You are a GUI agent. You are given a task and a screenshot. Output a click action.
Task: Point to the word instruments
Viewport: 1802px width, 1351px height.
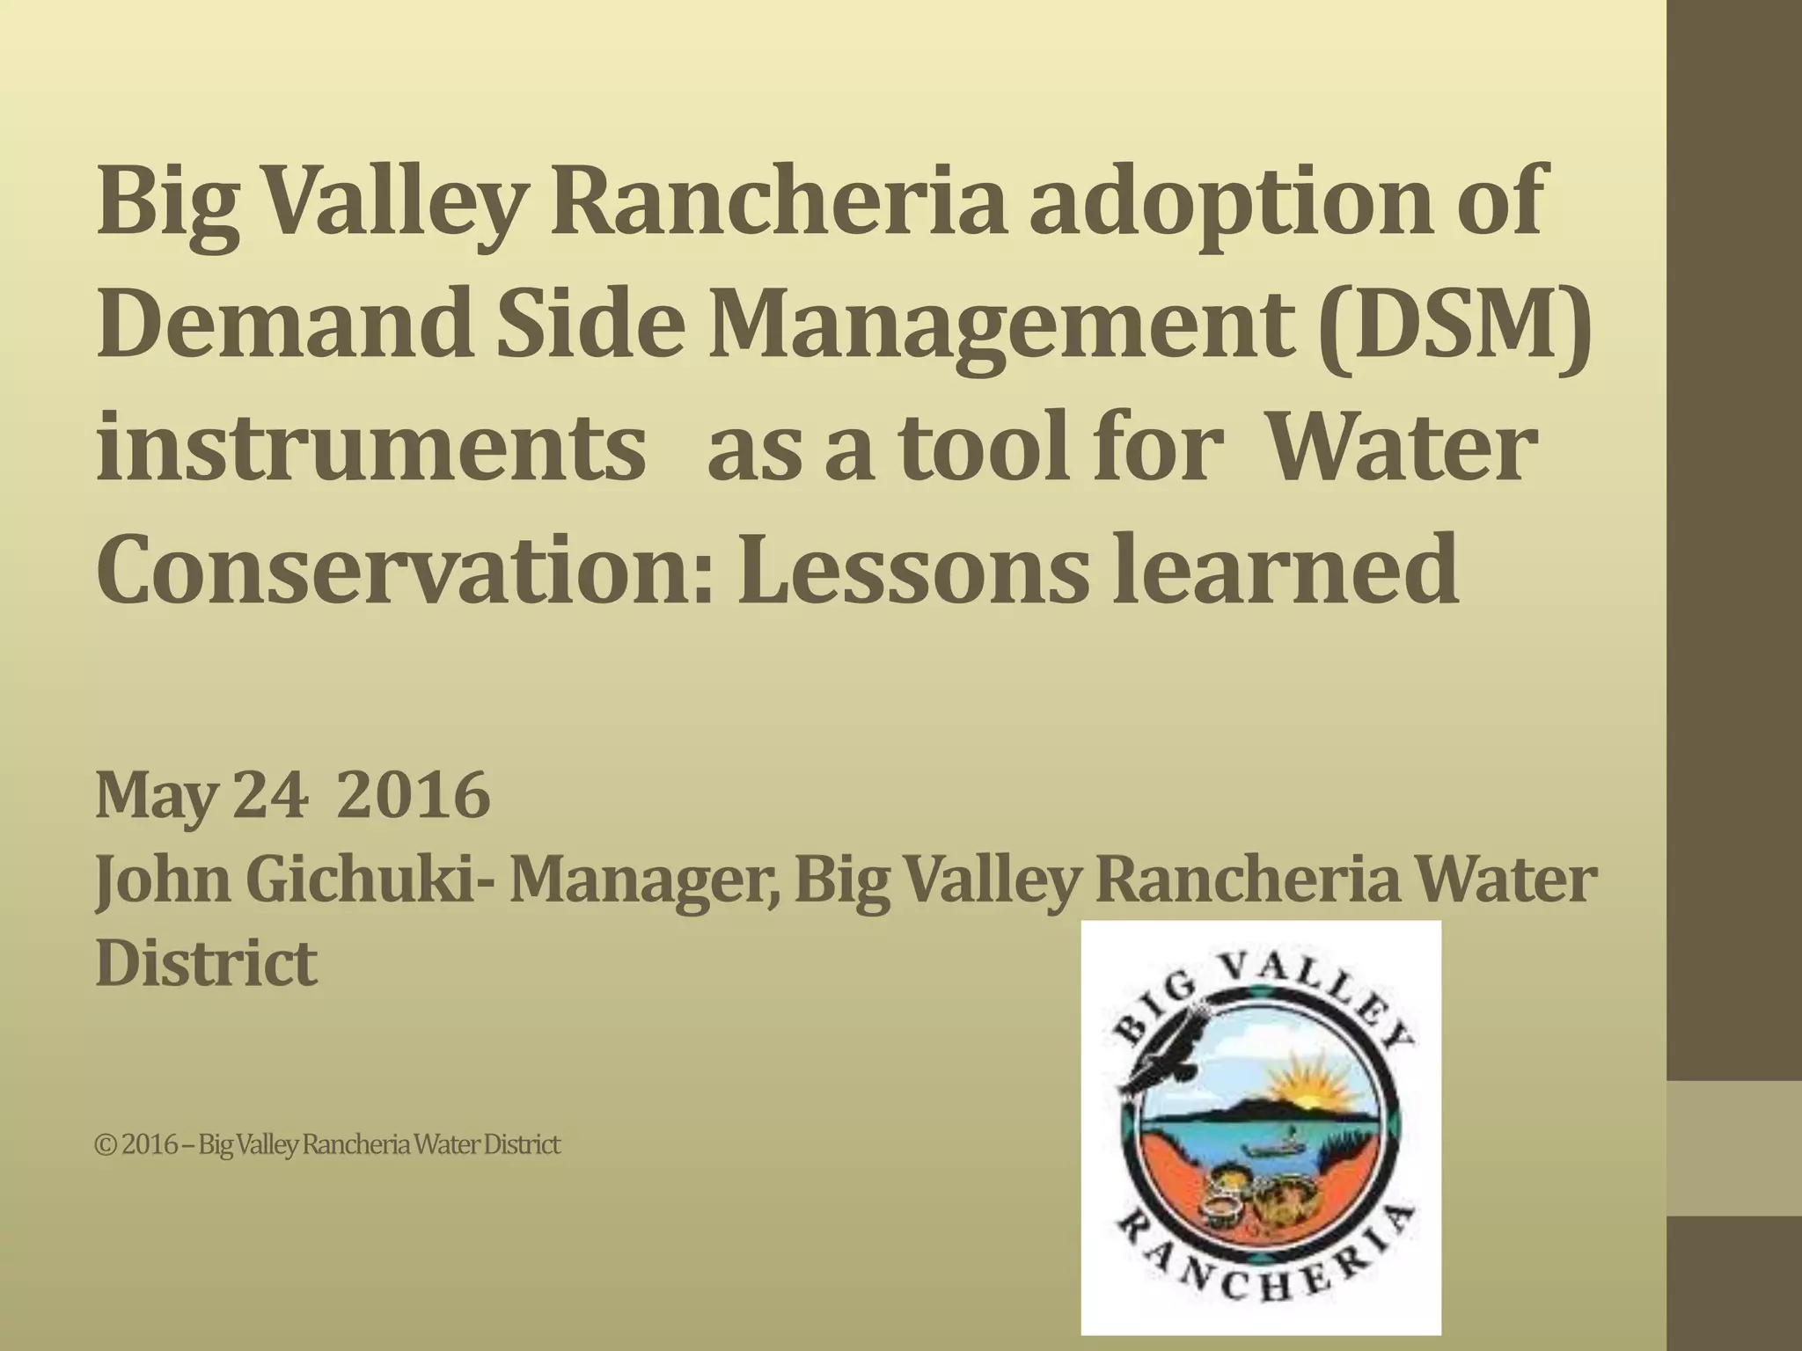tap(370, 450)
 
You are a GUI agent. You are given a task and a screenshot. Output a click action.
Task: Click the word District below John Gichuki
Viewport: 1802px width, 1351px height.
tap(206, 963)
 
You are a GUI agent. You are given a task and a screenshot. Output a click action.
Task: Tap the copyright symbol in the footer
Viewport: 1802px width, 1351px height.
tap(106, 1145)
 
